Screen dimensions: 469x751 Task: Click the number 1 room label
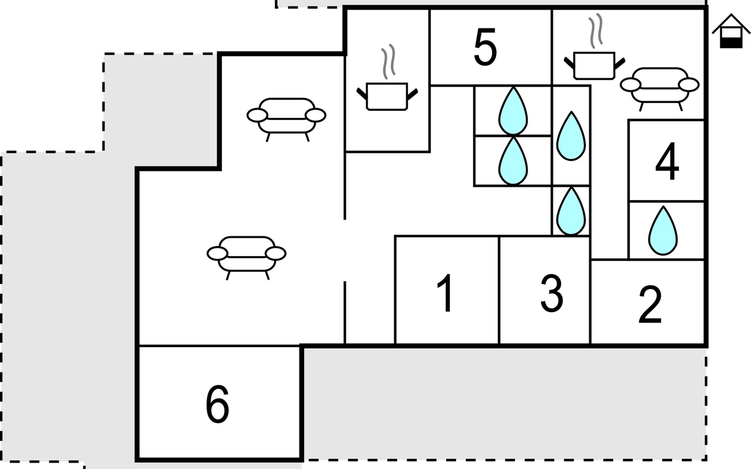coord(446,293)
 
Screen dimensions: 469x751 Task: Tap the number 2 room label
coord(650,305)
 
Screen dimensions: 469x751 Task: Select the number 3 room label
coord(552,293)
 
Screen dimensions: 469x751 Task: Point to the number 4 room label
coord(667,161)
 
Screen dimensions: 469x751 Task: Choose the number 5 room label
coord(485,47)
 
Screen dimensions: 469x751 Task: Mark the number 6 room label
coord(217,405)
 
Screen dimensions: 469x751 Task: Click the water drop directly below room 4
coord(663,231)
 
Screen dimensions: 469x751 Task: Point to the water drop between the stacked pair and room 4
coord(571,136)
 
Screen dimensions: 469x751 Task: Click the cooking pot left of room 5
coord(387,96)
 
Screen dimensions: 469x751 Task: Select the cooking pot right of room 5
coord(594,65)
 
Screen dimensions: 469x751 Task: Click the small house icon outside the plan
coord(731,32)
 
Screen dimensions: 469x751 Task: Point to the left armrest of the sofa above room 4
coord(630,84)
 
